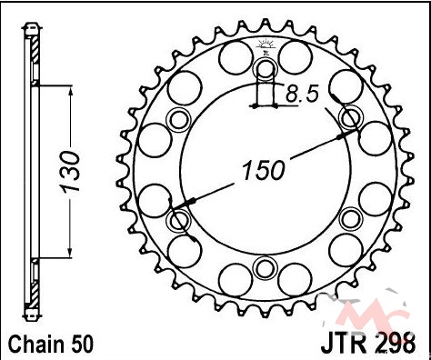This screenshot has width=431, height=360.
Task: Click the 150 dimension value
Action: click(x=264, y=170)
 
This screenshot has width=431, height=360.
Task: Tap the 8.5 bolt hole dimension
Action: click(x=302, y=94)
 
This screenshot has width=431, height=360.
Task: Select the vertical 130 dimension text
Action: click(x=70, y=172)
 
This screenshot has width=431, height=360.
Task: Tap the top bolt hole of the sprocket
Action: click(x=266, y=70)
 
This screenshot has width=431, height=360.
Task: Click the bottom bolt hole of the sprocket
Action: click(x=266, y=268)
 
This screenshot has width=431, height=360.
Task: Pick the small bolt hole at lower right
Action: click(x=351, y=219)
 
